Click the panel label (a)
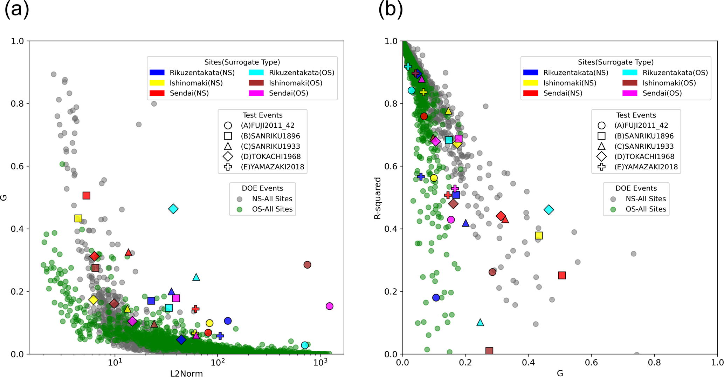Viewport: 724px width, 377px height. [16, 9]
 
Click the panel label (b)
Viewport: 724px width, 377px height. [390, 9]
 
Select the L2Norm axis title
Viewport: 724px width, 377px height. [186, 373]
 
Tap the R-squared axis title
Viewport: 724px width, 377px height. [378, 198]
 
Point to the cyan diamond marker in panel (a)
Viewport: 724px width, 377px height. [173, 209]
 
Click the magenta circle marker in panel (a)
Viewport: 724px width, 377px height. [329, 306]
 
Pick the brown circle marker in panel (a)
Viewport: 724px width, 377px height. [307, 265]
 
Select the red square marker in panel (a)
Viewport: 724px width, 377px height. [87, 196]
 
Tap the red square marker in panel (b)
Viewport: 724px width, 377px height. [562, 275]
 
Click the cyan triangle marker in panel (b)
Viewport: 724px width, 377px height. [480, 323]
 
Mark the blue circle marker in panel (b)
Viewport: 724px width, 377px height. [436, 297]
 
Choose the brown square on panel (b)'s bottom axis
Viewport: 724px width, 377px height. [489, 351]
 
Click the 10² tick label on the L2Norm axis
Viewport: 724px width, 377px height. [217, 362]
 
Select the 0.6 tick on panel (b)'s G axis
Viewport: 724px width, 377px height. [592, 362]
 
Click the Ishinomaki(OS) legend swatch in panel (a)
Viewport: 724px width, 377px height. [256, 83]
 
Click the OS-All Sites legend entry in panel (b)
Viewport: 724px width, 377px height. [646, 209]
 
